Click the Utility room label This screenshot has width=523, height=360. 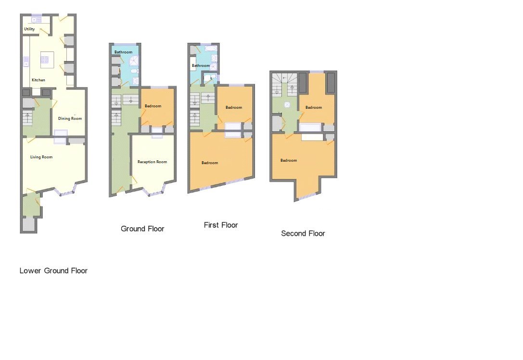pos(29,29)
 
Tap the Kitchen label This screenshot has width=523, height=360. pos(38,80)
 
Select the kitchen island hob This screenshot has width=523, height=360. pos(45,59)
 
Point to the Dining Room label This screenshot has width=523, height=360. pos(70,118)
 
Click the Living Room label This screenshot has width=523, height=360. pos(41,157)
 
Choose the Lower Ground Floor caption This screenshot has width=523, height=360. pos(53,271)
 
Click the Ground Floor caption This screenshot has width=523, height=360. pos(142,229)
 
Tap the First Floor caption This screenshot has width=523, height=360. pos(221,225)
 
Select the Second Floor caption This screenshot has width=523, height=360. pos(303,233)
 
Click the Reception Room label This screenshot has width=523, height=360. pos(152,162)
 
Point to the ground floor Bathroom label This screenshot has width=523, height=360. pos(123,52)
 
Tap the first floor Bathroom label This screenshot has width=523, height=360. pos(201,65)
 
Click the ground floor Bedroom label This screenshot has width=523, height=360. pos(153,106)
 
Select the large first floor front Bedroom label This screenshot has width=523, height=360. pos(210,163)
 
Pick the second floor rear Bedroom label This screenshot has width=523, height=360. pos(314,107)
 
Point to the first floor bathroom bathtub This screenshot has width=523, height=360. pos(211,49)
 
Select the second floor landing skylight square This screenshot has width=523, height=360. pos(287,104)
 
